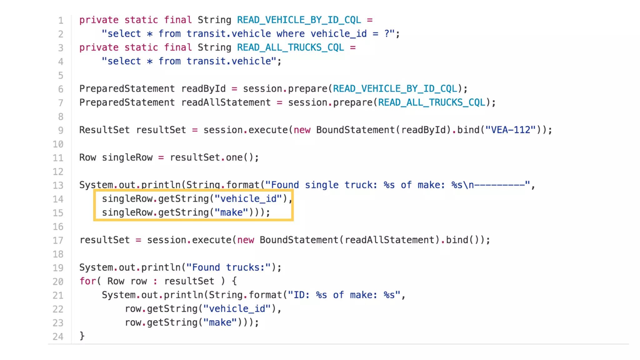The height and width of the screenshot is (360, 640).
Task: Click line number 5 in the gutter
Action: point(61,75)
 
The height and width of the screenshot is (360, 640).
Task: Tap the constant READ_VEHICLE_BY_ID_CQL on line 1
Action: point(299,20)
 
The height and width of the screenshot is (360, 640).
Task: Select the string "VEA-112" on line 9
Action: point(510,130)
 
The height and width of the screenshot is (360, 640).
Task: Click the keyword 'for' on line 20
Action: point(87,281)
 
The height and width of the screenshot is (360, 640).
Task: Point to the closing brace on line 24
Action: point(82,336)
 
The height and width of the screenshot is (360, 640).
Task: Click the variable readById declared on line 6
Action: point(203,89)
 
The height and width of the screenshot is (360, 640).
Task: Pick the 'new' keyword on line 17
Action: point(245,240)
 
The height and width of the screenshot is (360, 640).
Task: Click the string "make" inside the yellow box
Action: point(231,212)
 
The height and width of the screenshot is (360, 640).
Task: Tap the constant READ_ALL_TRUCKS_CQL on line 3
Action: point(290,47)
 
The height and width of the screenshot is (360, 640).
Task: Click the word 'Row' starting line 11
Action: point(87,157)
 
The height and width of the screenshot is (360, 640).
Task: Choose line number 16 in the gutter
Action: point(58,227)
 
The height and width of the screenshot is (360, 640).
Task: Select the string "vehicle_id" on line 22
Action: point(237,309)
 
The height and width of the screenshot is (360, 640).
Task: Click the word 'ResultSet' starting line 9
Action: point(104,130)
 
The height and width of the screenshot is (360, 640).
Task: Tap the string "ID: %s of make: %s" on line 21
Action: point(344,295)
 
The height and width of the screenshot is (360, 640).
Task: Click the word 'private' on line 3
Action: point(99,47)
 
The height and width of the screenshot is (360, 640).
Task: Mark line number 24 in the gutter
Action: point(58,337)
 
